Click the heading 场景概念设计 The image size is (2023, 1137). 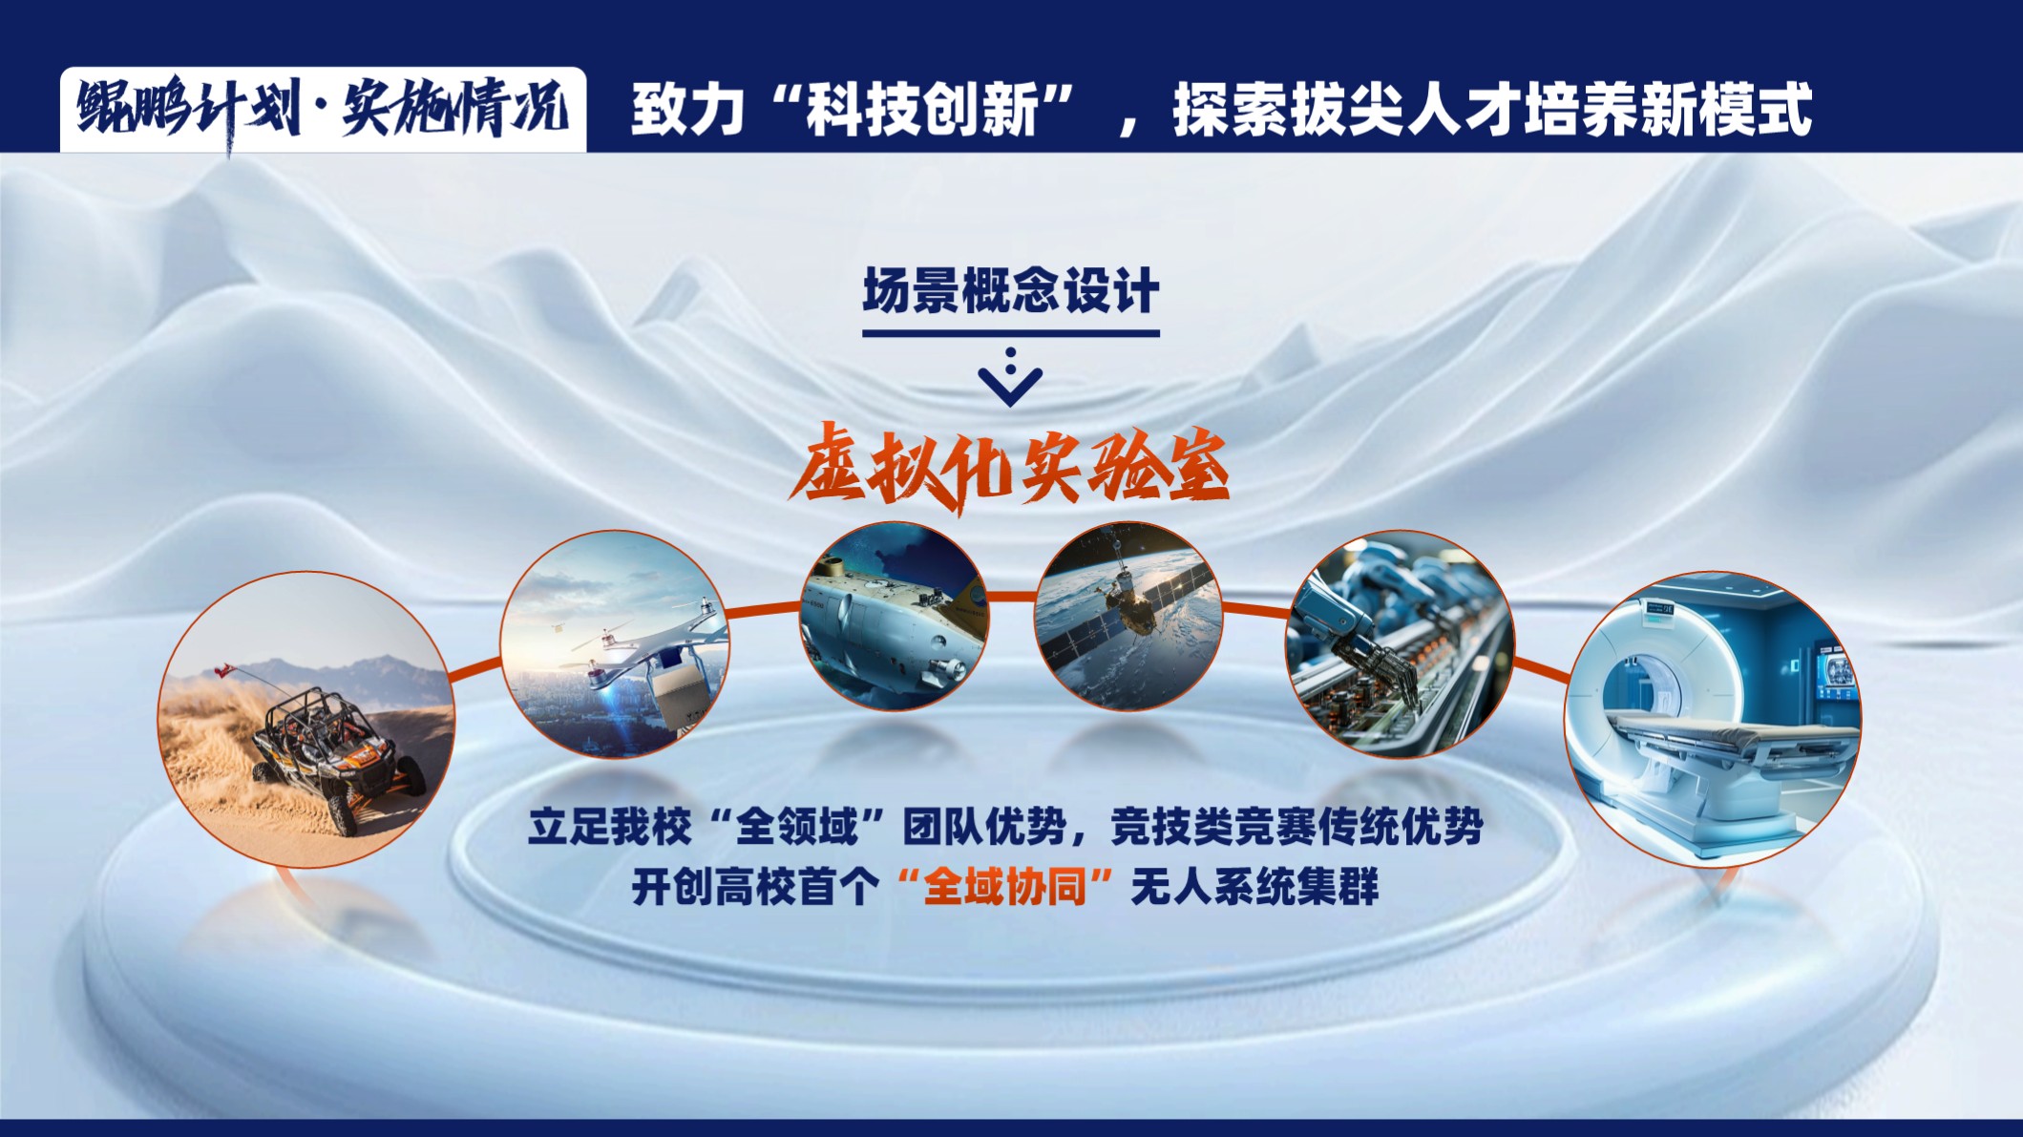(x=1011, y=290)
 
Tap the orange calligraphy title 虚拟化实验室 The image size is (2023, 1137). (x=1009, y=469)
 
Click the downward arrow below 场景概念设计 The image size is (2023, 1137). (x=1010, y=378)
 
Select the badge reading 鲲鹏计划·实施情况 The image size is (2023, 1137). (x=324, y=110)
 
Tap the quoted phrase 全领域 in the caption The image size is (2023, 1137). (x=795, y=826)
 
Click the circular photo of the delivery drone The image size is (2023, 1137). (x=615, y=643)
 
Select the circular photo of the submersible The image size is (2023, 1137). (x=895, y=616)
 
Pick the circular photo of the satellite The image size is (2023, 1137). (x=1128, y=616)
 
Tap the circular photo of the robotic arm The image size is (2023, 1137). (x=1400, y=644)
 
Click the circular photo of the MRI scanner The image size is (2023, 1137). (x=1713, y=719)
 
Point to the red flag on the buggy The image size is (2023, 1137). (x=225, y=669)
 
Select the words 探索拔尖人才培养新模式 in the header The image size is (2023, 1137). (x=1492, y=110)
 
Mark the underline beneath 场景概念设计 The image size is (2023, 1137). (x=1011, y=333)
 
